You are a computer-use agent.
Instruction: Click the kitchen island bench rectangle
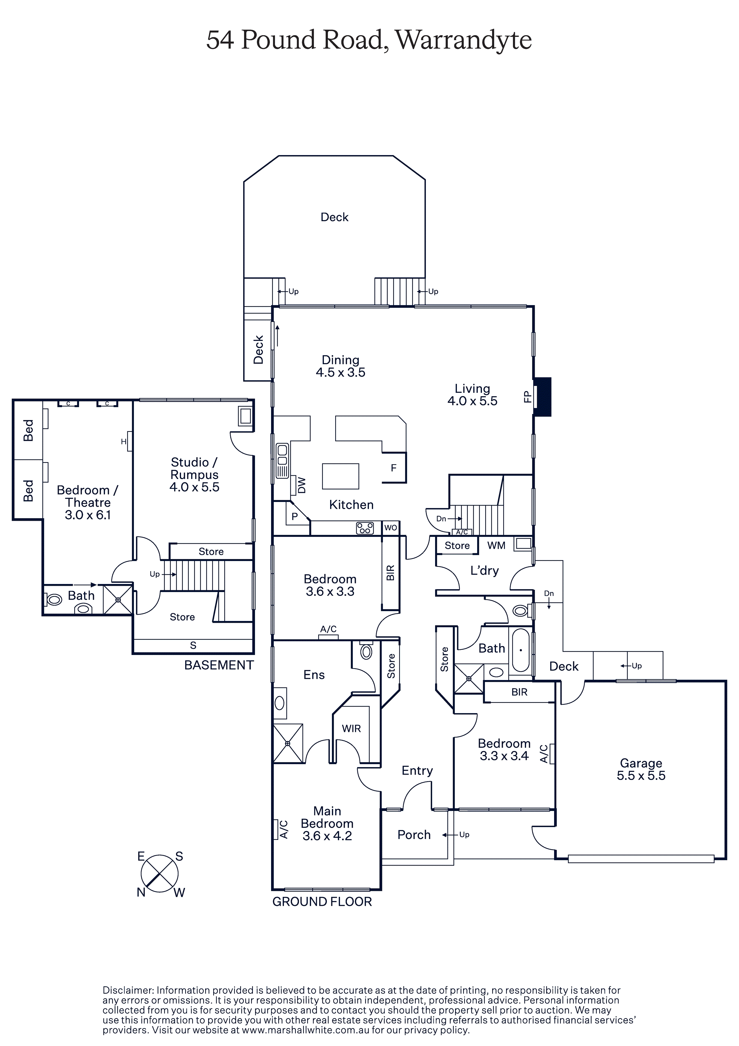(x=340, y=476)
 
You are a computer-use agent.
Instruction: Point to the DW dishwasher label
(x=302, y=485)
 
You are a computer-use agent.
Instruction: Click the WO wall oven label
(x=390, y=528)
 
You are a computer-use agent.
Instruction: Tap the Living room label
(x=472, y=389)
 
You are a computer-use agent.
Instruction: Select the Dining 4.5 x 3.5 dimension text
(x=341, y=372)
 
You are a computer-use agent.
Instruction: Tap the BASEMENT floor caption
(x=219, y=665)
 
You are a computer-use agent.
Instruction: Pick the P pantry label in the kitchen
(x=294, y=517)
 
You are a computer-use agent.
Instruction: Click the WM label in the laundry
(x=496, y=545)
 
